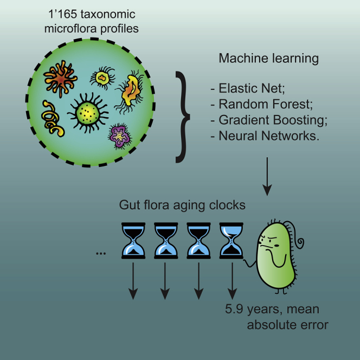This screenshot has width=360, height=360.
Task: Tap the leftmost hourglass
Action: tap(132, 239)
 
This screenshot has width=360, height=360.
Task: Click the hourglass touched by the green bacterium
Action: tap(231, 239)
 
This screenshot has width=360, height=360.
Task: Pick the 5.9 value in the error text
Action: tap(234, 311)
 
